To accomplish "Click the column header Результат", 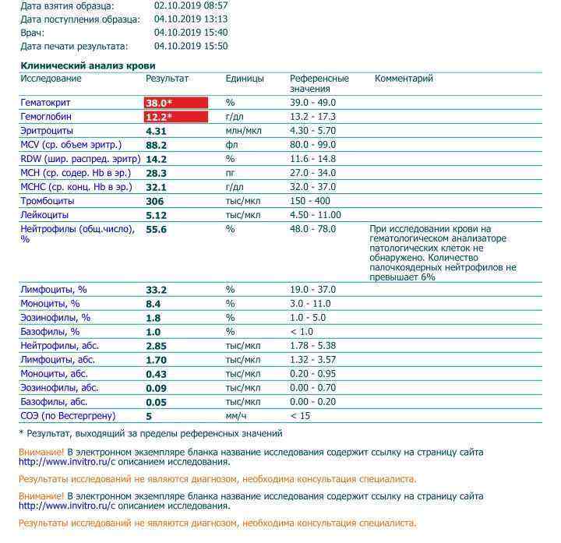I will (167, 79).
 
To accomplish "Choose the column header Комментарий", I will (404, 79).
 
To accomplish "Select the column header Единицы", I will (245, 79).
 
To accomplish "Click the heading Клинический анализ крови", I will (87, 66).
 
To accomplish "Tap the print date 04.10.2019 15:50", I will (191, 46).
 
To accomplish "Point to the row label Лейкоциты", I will (44, 215).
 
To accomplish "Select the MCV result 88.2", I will (156, 145).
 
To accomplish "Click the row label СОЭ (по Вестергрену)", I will (69, 416).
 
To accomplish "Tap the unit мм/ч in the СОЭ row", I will (236, 416).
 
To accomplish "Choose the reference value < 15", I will (300, 416).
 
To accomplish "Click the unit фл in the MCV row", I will (231, 145).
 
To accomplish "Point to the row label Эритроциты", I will (47, 131).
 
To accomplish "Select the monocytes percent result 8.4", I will (153, 304).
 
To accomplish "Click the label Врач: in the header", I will (32, 33).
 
